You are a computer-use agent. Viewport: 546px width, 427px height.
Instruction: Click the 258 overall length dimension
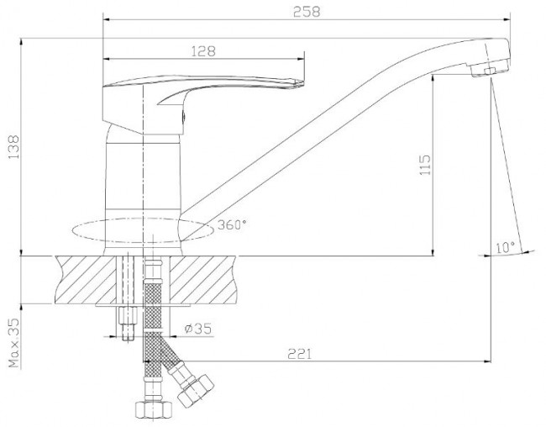coord(307,12)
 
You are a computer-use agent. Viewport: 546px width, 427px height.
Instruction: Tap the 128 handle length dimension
coord(204,51)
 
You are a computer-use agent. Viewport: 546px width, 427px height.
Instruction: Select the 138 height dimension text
coord(14,147)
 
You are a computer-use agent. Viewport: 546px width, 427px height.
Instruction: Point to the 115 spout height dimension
coord(425,165)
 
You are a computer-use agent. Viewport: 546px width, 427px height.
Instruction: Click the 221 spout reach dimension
coord(300,354)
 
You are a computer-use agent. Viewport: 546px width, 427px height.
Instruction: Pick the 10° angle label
coord(505,247)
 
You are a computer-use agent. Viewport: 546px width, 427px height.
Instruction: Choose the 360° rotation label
coord(232,224)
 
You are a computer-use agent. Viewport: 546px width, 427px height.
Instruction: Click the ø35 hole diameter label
coord(197,329)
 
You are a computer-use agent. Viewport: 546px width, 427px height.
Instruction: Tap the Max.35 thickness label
coord(14,342)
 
